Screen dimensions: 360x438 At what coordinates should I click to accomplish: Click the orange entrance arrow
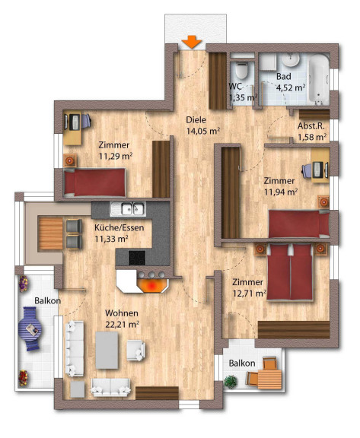[x=192, y=42]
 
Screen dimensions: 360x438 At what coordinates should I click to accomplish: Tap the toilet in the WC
[x=242, y=70]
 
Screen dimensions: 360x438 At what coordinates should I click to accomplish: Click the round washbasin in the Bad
[x=291, y=59]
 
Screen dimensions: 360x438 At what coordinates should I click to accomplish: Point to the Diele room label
[x=196, y=120]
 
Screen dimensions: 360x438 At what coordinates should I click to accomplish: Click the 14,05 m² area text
[x=203, y=131]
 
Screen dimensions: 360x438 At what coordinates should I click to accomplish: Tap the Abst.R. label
[x=311, y=126]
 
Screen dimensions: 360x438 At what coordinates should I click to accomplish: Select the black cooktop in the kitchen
[x=137, y=258]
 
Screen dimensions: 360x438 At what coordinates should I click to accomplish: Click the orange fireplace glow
[x=151, y=285]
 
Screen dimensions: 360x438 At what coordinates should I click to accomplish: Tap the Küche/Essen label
[x=119, y=227]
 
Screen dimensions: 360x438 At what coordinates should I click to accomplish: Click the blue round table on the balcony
[x=30, y=328]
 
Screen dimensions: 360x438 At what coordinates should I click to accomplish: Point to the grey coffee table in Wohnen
[x=107, y=350]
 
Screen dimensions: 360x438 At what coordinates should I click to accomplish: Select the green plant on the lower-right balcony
[x=231, y=382]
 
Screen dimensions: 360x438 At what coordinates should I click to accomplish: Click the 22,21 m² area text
[x=122, y=325]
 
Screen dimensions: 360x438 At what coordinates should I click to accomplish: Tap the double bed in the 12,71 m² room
[x=289, y=271]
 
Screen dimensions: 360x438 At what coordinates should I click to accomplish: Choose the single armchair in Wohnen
[x=135, y=351]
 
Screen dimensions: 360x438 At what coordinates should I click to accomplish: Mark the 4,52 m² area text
[x=291, y=87]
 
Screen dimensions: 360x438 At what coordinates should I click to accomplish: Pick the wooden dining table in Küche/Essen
[x=50, y=233]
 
